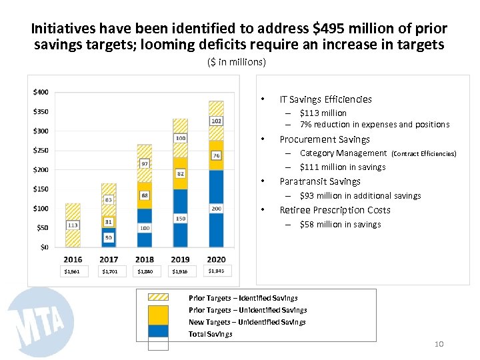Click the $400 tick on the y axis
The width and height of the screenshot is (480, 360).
click(41, 91)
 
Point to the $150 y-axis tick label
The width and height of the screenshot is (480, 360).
click(41, 189)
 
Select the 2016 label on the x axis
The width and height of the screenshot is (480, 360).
click(73, 259)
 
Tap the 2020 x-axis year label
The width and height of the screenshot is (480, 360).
click(216, 259)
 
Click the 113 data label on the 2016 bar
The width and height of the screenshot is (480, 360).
click(73, 225)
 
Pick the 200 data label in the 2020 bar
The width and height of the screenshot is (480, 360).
click(216, 209)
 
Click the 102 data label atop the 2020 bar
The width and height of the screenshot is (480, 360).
click(216, 121)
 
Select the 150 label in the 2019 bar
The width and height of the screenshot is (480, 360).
click(180, 218)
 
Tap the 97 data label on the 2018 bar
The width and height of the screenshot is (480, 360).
click(145, 163)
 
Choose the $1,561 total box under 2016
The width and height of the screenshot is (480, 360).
click(71, 272)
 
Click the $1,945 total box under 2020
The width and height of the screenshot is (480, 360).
click(216, 271)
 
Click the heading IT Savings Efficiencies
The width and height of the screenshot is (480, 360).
click(325, 99)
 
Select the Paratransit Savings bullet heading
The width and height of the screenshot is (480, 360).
click(320, 181)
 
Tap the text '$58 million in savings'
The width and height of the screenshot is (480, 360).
click(340, 225)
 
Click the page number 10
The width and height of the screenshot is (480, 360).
click(439, 344)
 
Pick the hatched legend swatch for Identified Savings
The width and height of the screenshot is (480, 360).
click(158, 297)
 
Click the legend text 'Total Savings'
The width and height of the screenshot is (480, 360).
click(211, 334)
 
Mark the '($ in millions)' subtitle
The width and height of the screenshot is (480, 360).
click(237, 62)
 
